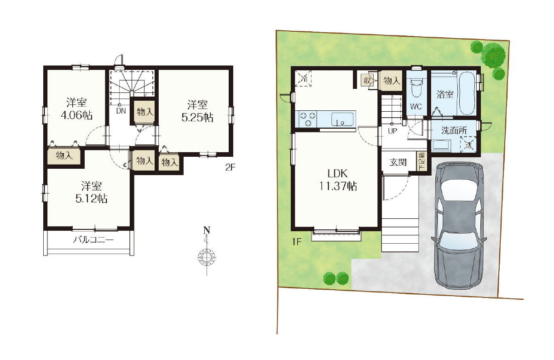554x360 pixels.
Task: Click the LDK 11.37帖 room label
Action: (x=338, y=180)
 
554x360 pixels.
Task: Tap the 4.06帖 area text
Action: (x=76, y=115)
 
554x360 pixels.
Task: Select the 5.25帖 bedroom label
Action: (x=197, y=118)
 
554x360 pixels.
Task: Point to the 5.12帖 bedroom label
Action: (x=91, y=199)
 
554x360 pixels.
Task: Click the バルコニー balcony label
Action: (x=93, y=240)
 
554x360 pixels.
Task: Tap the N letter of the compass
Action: (x=207, y=231)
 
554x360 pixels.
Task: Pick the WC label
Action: (x=416, y=107)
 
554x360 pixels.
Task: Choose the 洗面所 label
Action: (x=454, y=131)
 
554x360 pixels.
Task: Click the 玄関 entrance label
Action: (x=398, y=162)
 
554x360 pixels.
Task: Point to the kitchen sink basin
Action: (x=342, y=120)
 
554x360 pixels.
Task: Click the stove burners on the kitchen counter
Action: (x=308, y=119)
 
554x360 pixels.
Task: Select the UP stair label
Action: (x=392, y=131)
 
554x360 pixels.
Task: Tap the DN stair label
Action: (x=121, y=111)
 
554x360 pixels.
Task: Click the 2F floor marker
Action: (x=230, y=168)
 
